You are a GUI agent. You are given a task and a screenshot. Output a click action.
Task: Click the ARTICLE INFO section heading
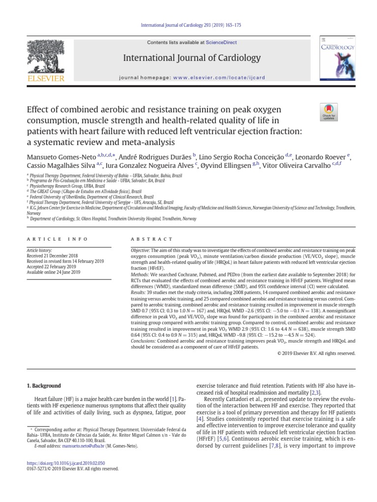pos(57,239)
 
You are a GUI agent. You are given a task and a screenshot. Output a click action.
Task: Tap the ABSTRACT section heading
pos(152,239)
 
